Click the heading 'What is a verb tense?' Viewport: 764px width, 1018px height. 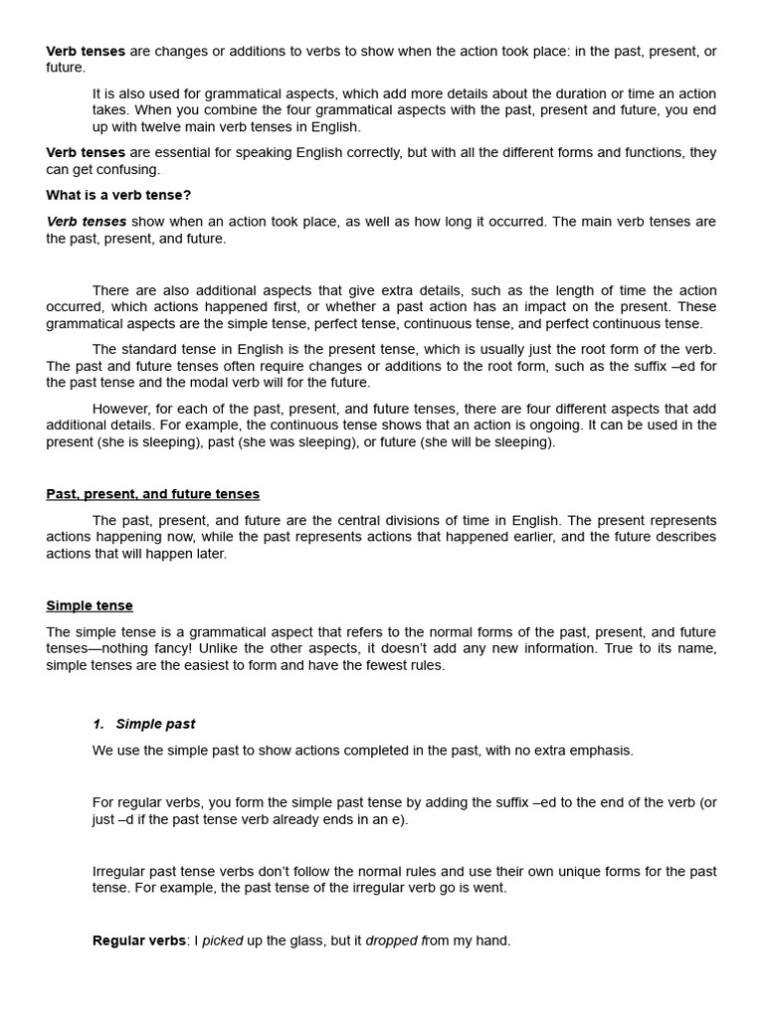tap(118, 195)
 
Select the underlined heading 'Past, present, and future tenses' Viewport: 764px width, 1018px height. tap(152, 493)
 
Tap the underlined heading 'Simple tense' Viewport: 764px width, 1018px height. tap(90, 605)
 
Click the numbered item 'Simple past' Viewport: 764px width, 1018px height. tap(155, 724)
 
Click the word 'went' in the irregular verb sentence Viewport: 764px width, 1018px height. tap(488, 888)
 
